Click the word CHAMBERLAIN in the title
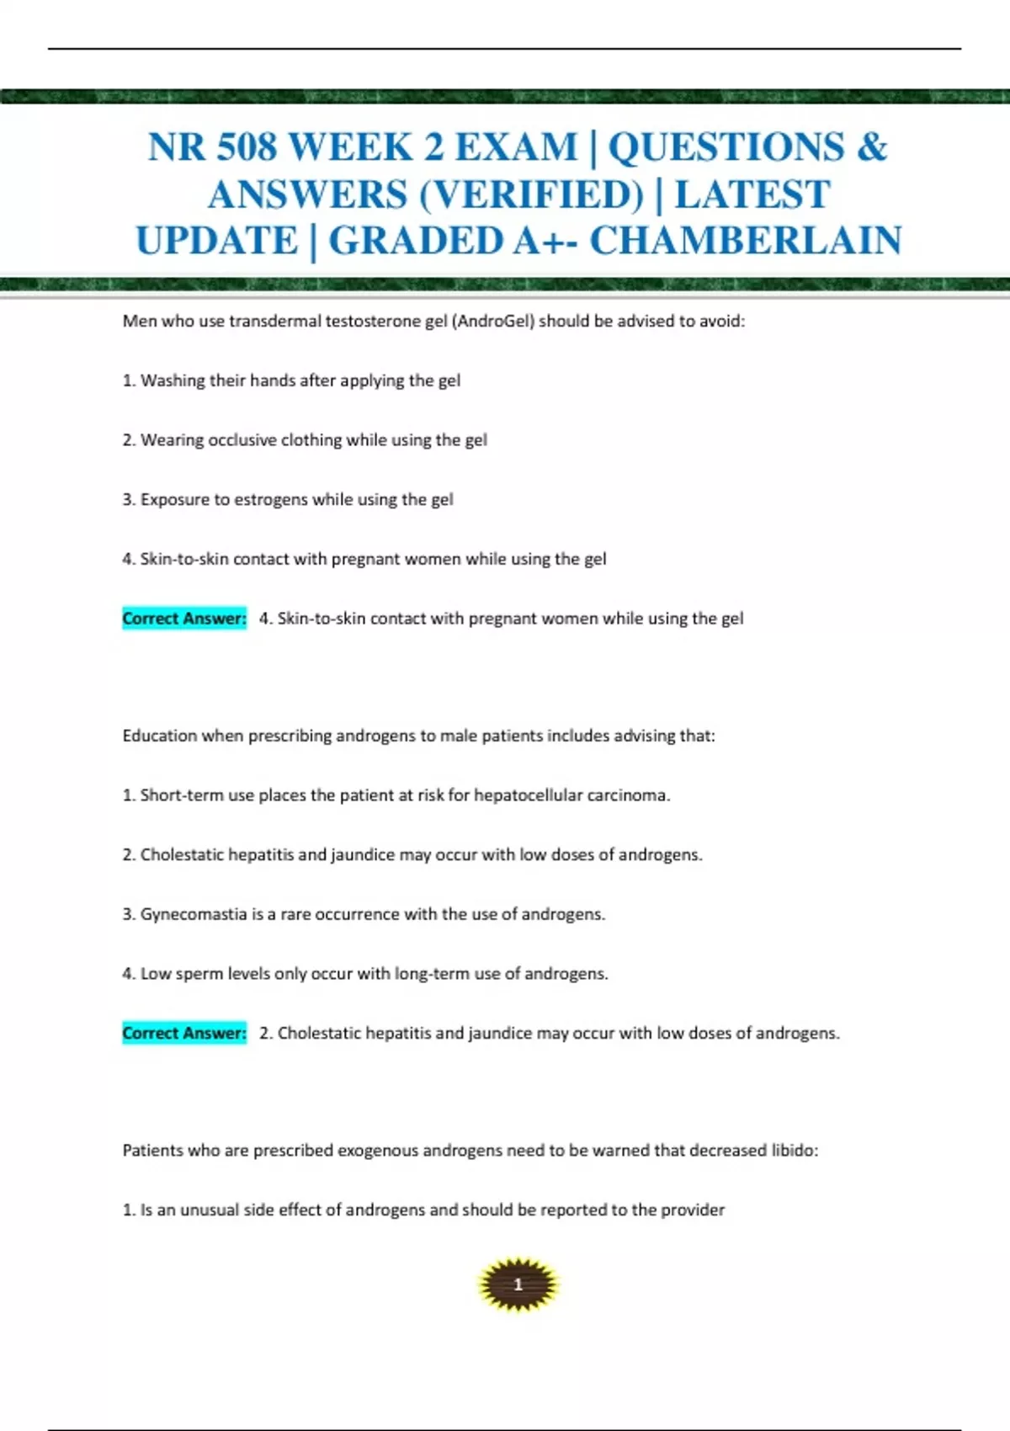(x=745, y=241)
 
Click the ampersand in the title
(x=872, y=147)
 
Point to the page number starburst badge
(x=518, y=1285)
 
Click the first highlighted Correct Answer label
(x=184, y=619)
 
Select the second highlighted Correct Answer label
(x=184, y=1033)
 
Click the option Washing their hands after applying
(x=291, y=380)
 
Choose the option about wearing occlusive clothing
(x=305, y=440)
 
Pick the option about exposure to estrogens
(x=288, y=500)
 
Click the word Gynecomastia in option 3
(x=193, y=914)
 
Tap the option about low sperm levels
(x=365, y=974)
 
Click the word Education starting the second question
(x=159, y=736)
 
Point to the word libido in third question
(x=794, y=1151)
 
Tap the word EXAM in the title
(x=516, y=147)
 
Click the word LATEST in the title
(x=752, y=194)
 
